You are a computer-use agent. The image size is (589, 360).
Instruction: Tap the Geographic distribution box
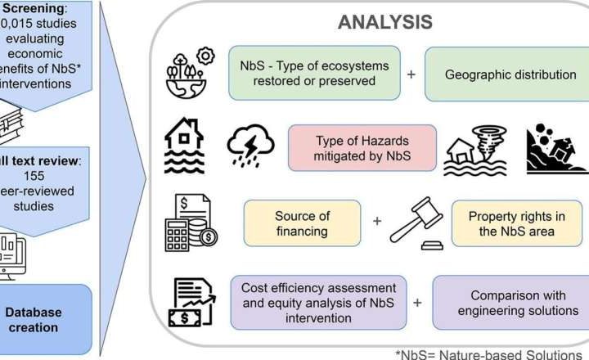pyautogui.click(x=509, y=74)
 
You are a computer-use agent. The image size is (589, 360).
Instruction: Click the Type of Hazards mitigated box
pyautogui.click(x=362, y=146)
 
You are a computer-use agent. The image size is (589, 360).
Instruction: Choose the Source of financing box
pyautogui.click(x=303, y=223)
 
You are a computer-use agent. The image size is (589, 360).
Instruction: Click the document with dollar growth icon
pyautogui.click(x=193, y=302)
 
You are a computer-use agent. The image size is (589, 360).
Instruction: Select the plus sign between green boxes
pyautogui.click(x=411, y=74)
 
